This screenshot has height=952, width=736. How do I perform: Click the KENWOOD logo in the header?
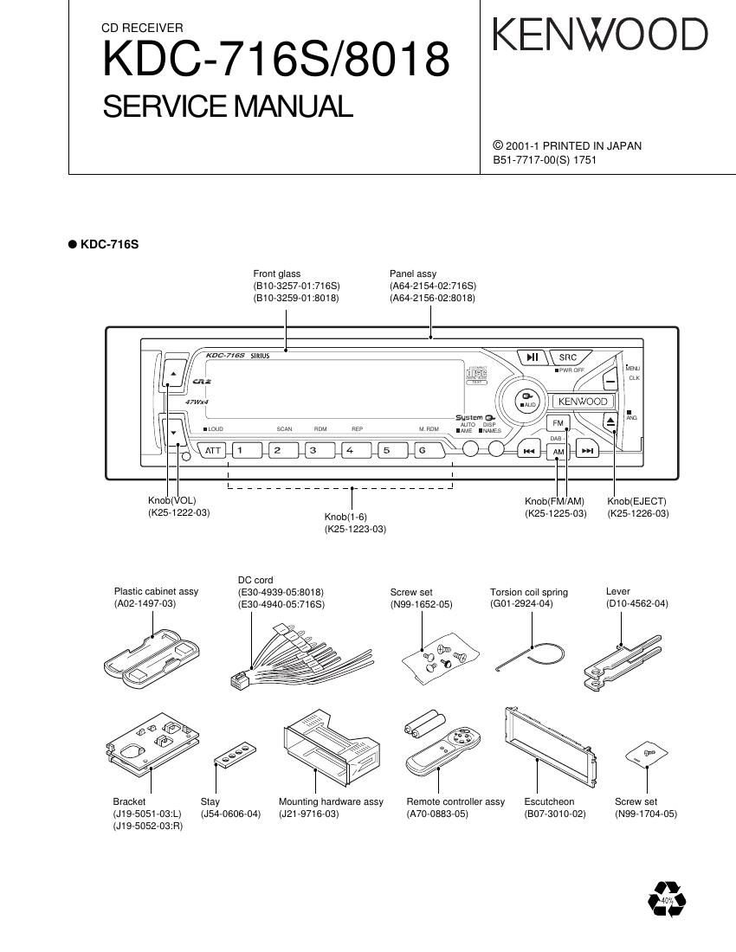click(x=600, y=35)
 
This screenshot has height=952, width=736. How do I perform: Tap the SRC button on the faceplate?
click(x=567, y=357)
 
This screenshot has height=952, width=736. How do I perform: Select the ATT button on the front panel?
click(x=213, y=450)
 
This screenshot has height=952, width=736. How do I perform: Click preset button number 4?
click(x=350, y=450)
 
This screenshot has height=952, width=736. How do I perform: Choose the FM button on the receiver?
click(x=558, y=423)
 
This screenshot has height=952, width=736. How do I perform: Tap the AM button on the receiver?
click(x=558, y=453)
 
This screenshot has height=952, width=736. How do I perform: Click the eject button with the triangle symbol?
click(x=610, y=421)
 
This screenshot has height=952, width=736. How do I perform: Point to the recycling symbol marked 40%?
click(x=667, y=899)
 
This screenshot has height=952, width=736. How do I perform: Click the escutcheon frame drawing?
click(x=550, y=748)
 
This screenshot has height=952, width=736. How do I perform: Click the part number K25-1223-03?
click(x=355, y=529)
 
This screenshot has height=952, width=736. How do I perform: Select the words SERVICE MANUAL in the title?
click(x=228, y=106)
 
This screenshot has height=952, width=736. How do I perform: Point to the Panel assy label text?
click(x=413, y=274)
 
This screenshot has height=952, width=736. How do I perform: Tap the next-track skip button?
click(x=588, y=451)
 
